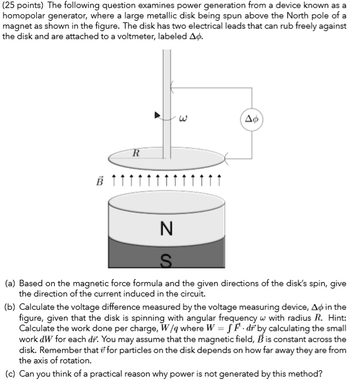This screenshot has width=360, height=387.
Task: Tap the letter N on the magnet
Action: tap(166, 229)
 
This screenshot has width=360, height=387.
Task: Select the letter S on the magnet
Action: tap(166, 261)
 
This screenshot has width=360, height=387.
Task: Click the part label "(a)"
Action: tap(10, 283)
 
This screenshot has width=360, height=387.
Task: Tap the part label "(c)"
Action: tap(10, 373)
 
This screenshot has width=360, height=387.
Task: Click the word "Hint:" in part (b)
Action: tap(334, 317)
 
